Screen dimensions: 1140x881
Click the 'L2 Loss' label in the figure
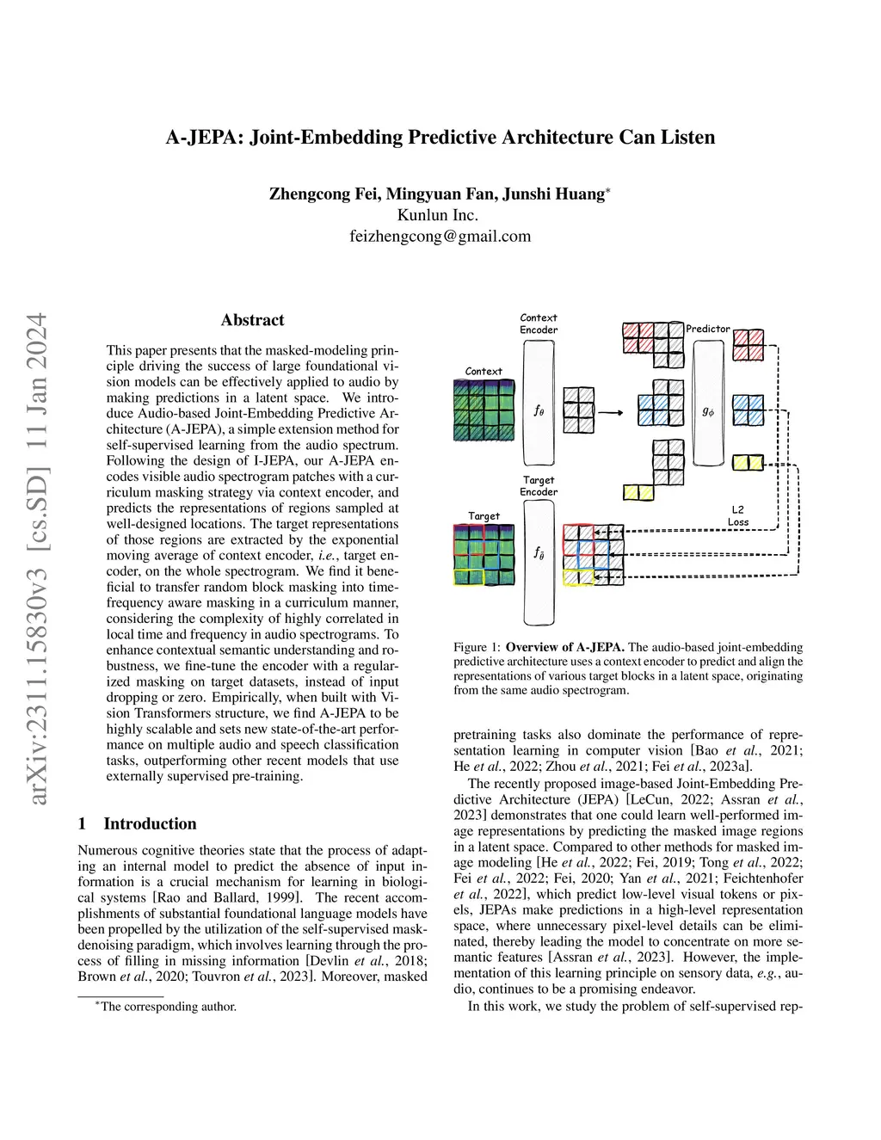[737, 516]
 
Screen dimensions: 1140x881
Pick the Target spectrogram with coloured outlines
[484, 554]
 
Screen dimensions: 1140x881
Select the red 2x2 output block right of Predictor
[748, 345]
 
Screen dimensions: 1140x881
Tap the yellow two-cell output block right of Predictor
[748, 463]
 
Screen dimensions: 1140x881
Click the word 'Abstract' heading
[252, 320]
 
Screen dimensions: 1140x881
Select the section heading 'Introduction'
[150, 823]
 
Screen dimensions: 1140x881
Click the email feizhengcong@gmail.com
[440, 236]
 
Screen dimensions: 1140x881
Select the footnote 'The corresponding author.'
[168, 1006]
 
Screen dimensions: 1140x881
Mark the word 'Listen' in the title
[685, 138]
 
